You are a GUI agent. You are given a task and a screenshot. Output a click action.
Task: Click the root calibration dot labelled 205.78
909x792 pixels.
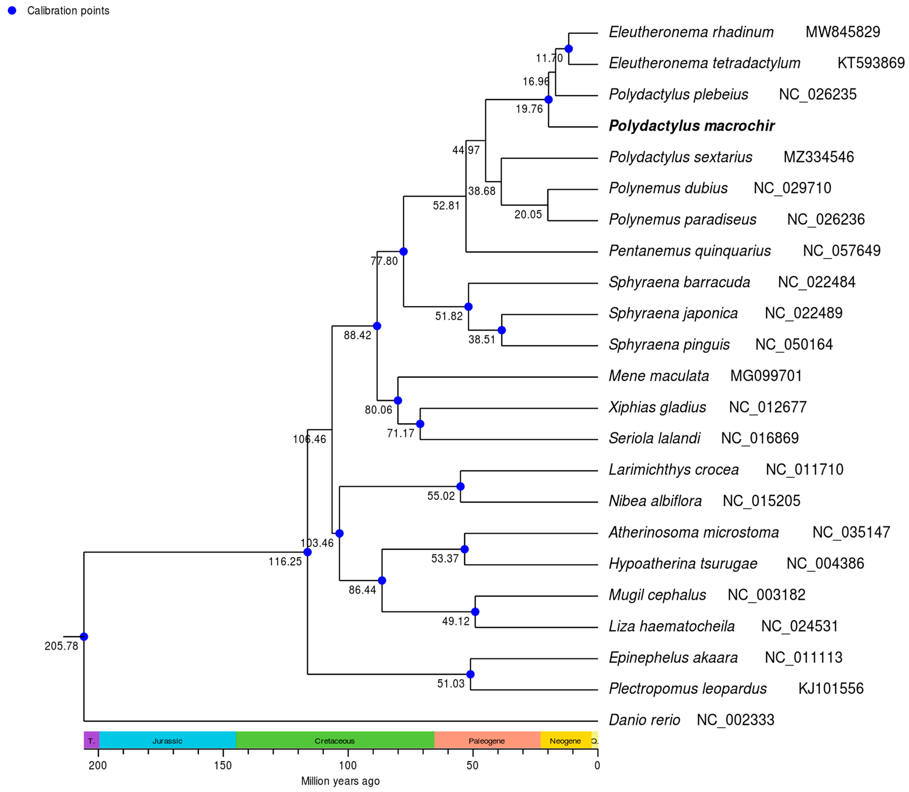pyautogui.click(x=84, y=636)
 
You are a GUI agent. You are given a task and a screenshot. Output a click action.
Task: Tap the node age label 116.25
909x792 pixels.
pyautogui.click(x=285, y=562)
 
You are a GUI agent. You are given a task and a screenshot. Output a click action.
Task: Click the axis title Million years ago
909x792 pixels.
pyautogui.click(x=340, y=781)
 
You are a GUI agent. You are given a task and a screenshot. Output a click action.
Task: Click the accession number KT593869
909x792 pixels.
pyautogui.click(x=871, y=63)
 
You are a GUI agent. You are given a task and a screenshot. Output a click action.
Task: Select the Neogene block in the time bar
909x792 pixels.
pyautogui.click(x=565, y=741)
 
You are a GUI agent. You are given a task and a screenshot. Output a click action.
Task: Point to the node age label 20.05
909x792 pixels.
pyautogui.click(x=528, y=215)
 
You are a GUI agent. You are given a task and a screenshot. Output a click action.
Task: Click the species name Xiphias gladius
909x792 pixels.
pyautogui.click(x=657, y=407)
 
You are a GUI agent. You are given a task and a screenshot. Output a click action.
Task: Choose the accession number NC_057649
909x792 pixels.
pyautogui.click(x=841, y=251)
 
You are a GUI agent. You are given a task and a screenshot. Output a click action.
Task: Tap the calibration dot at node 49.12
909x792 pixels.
pyautogui.click(x=475, y=612)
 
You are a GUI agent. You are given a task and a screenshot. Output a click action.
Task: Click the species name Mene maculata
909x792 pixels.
pyautogui.click(x=659, y=376)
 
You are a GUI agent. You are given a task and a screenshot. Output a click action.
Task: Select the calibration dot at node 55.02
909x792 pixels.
pyautogui.click(x=460, y=486)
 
